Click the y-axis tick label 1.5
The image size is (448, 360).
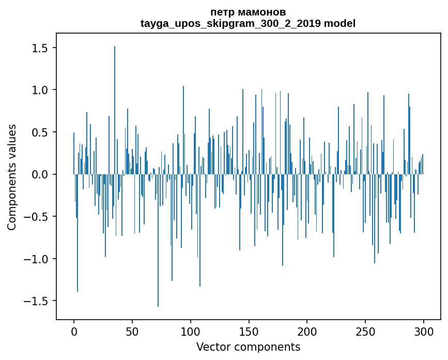(x=40, y=48)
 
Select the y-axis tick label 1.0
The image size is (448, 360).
(x=40, y=90)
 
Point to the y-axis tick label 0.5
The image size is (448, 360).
(x=40, y=132)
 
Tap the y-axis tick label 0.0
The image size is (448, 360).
(x=40, y=174)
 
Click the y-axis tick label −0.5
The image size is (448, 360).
(x=36, y=217)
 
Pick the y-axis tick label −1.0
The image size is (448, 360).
(x=36, y=259)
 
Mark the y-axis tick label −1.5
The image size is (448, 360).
(x=36, y=301)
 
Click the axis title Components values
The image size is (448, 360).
(x=12, y=177)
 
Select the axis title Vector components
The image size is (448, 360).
(x=248, y=347)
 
